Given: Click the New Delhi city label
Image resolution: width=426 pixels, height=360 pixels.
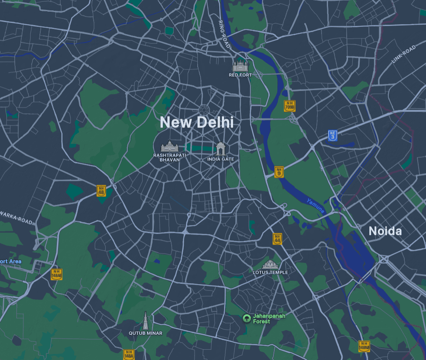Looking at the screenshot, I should coord(197,122).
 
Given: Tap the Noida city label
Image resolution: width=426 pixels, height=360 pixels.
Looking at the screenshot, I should coord(385,231).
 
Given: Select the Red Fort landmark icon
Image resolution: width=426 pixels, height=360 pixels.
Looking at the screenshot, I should coord(241,65).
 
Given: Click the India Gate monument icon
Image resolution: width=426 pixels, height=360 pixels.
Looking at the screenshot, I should coord(221,149).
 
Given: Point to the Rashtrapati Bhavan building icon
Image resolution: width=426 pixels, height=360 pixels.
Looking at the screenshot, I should coord(169,147).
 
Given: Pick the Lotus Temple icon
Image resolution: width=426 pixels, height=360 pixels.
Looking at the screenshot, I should coord(270,264).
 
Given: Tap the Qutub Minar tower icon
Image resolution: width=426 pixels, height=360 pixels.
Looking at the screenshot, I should coord(145,320).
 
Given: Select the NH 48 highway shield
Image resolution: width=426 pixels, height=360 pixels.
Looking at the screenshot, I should coord(101,191).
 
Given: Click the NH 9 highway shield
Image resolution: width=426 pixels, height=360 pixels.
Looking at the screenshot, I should coord(279,172).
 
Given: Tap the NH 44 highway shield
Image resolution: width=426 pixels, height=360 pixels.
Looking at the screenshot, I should coord(277,239).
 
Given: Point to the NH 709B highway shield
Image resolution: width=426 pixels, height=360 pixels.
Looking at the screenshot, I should coord(289,106).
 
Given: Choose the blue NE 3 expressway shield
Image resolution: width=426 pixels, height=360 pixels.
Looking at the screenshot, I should coord(332,136).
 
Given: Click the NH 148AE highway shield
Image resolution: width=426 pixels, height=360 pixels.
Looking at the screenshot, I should coord(56,274).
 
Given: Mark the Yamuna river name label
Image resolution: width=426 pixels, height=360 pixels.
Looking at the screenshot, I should coord(315,206).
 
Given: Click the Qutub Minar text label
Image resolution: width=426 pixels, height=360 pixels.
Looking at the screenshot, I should coord(146,333).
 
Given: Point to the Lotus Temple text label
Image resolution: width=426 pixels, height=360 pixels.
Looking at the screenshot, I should coord(270,272).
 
